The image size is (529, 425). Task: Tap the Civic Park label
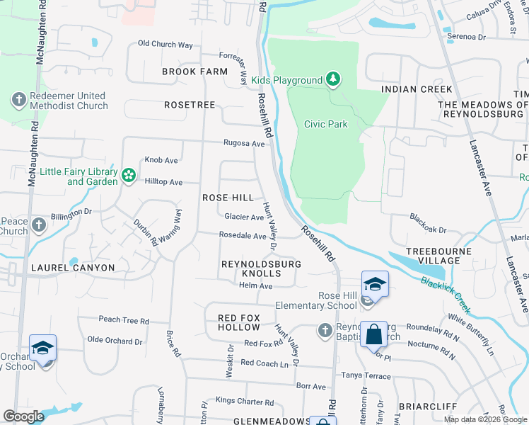tap(325, 124)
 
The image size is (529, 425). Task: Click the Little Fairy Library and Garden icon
tap(128, 175)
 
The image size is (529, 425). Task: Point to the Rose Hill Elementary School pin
tap(374, 285)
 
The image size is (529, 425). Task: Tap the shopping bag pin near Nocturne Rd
tap(373, 335)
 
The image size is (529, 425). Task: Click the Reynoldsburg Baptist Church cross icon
tap(324, 330)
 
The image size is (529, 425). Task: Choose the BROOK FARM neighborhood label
tap(194, 72)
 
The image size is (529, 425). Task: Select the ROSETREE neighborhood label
tap(189, 104)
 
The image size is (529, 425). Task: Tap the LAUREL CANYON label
tap(73, 268)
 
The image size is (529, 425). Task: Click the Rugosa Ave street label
tap(244, 143)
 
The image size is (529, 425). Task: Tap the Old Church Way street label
tap(165, 45)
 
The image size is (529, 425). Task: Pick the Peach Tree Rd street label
tap(124, 320)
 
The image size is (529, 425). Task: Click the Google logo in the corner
tap(24, 416)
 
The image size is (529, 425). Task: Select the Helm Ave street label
tap(255, 285)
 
